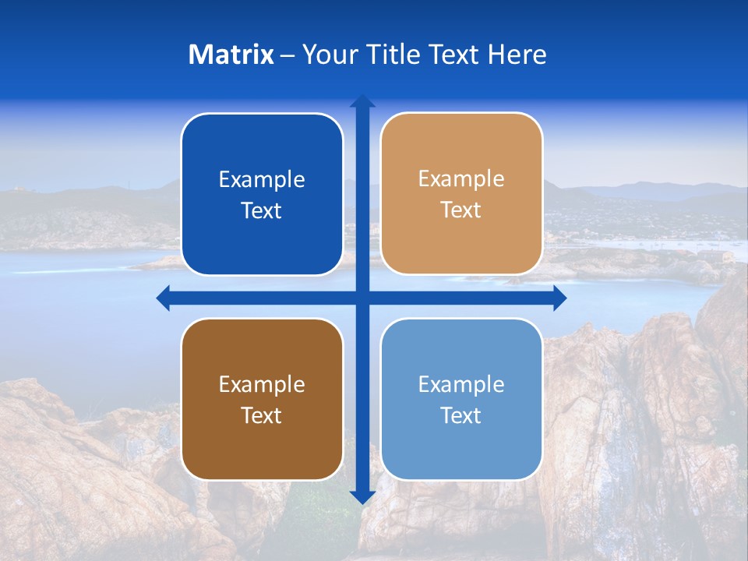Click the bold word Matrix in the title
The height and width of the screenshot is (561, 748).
click(x=231, y=55)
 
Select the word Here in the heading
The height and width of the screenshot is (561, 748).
click(x=517, y=55)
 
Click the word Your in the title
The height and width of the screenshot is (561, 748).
click(x=326, y=55)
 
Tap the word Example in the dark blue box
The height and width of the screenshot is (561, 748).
click(x=262, y=180)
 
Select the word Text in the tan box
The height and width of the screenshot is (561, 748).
click(x=461, y=210)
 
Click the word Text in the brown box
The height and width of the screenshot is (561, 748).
click(x=262, y=416)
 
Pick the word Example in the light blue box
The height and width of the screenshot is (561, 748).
click(x=461, y=385)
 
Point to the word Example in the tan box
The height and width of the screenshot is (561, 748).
click(x=461, y=179)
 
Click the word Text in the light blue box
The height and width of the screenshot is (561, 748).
click(x=461, y=416)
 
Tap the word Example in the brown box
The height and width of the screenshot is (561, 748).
click(x=262, y=385)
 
